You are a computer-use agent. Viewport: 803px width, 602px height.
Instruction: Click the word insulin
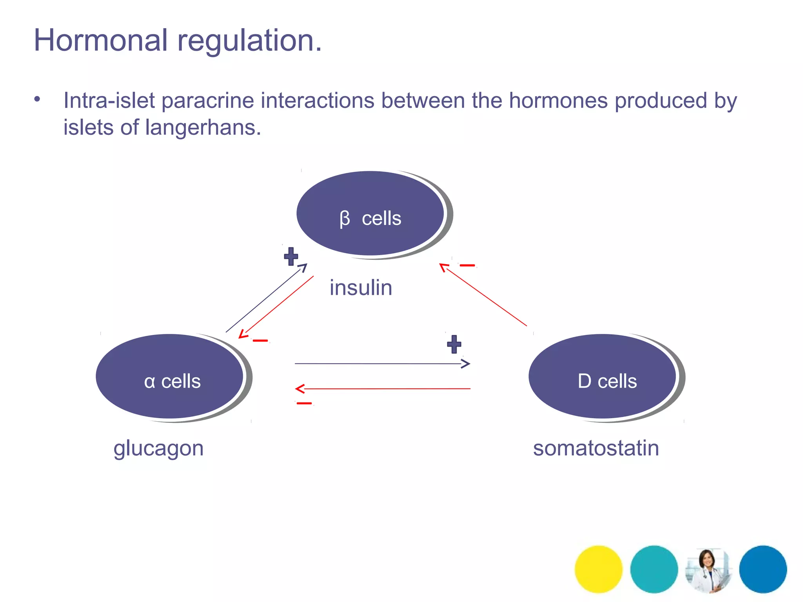pyautogui.click(x=361, y=288)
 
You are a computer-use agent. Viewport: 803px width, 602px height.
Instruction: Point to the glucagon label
pyautogui.click(x=158, y=448)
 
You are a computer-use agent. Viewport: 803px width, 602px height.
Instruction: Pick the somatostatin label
pyautogui.click(x=596, y=448)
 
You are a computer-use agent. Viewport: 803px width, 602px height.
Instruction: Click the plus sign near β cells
pyautogui.click(x=291, y=256)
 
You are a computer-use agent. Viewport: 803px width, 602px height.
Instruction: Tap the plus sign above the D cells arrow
pyautogui.click(x=454, y=344)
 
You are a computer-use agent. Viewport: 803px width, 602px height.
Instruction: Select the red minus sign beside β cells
pyautogui.click(x=467, y=265)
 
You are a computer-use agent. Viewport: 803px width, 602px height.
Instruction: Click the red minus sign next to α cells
pyautogui.click(x=260, y=341)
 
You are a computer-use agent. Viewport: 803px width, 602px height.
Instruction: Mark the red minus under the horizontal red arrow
pyautogui.click(x=304, y=403)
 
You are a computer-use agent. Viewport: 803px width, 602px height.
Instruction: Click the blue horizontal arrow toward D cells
pyautogui.click(x=382, y=364)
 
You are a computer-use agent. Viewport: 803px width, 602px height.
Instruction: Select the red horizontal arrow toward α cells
pyautogui.click(x=382, y=389)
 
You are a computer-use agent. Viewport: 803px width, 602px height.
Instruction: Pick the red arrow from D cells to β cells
pyautogui.click(x=484, y=296)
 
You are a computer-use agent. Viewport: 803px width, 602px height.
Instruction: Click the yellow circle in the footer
pyautogui.click(x=598, y=569)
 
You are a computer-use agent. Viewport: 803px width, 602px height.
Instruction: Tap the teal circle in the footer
pyautogui.click(x=654, y=569)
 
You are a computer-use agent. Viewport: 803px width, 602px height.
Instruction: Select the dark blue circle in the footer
pyautogui.click(x=763, y=569)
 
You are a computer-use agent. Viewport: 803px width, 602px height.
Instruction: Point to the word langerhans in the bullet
pyautogui.click(x=203, y=127)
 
